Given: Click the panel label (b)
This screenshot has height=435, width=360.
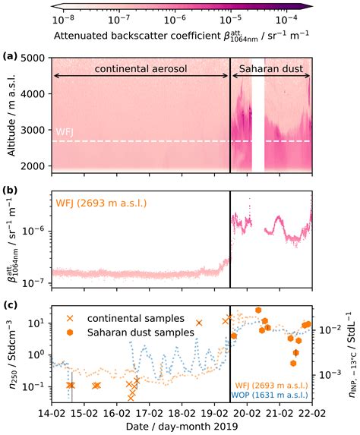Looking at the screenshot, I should pos(11,184).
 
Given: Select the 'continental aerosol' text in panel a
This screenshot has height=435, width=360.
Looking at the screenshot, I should pos(141,68).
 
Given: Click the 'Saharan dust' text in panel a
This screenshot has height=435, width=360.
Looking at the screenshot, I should pos(271,68).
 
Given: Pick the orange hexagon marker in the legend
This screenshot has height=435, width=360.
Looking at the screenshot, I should pos(71,332).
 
